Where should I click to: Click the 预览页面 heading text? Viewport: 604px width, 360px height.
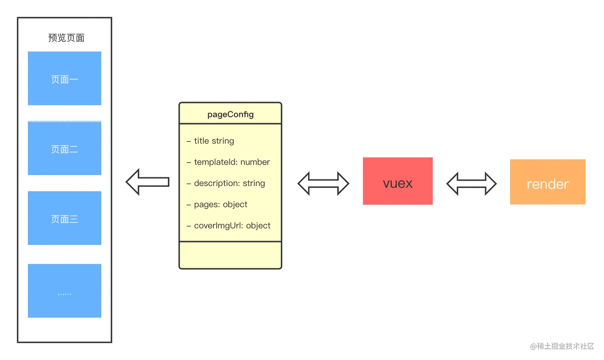(x=66, y=38)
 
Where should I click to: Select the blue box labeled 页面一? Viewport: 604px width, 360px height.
(x=64, y=78)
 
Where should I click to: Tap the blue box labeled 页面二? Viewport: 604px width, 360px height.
(x=64, y=148)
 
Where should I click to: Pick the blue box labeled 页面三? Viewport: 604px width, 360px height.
(x=64, y=218)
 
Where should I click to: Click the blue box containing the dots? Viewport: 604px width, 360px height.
(x=64, y=291)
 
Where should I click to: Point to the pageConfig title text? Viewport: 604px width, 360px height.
(x=230, y=114)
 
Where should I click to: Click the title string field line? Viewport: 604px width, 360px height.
(x=210, y=141)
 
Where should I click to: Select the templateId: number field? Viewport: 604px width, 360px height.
(x=228, y=162)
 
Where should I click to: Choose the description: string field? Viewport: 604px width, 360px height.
(x=226, y=183)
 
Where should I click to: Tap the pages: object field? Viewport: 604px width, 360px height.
(x=217, y=205)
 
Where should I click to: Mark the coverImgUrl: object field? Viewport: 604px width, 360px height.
(x=228, y=225)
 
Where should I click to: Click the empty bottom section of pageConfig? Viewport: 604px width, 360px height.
(x=230, y=255)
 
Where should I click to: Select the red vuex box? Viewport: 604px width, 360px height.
(x=398, y=181)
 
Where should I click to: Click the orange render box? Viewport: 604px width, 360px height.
(x=548, y=182)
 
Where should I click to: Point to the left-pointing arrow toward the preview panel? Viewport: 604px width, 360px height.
(x=148, y=182)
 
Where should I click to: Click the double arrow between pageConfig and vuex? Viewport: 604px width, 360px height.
(x=323, y=183)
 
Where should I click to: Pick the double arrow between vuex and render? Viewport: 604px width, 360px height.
(x=471, y=184)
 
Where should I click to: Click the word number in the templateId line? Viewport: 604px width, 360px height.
(x=255, y=162)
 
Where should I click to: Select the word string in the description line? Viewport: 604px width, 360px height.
(x=254, y=183)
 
